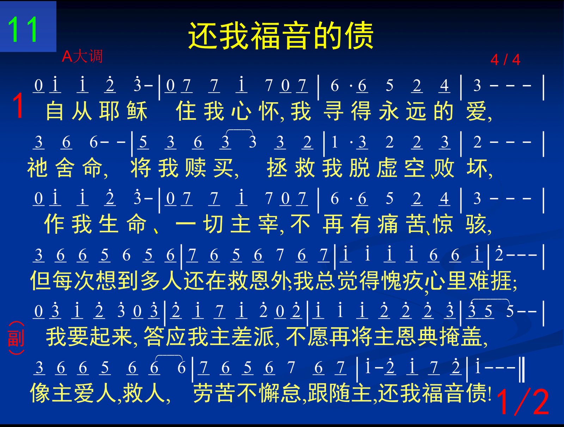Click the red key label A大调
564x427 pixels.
tap(82, 56)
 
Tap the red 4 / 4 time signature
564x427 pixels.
tap(505, 60)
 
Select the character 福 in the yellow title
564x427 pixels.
tap(265, 36)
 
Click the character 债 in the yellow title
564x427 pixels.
tap(359, 36)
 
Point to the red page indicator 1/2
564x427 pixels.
tap(523, 402)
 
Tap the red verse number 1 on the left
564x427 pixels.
tap(18, 105)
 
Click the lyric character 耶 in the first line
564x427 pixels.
tap(110, 111)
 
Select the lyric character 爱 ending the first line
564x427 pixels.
tap(476, 111)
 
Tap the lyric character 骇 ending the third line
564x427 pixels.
tap(476, 224)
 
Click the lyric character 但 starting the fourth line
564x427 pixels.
tap(41, 281)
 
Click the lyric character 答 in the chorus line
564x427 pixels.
tap(154, 337)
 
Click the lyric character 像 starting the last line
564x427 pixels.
tap(41, 393)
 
